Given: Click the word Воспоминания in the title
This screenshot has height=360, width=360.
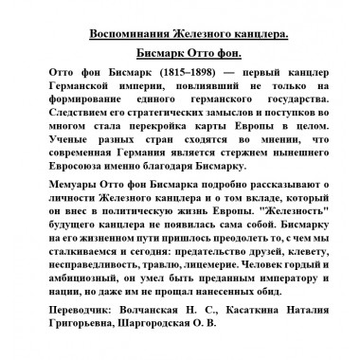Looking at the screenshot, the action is click(132, 34).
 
